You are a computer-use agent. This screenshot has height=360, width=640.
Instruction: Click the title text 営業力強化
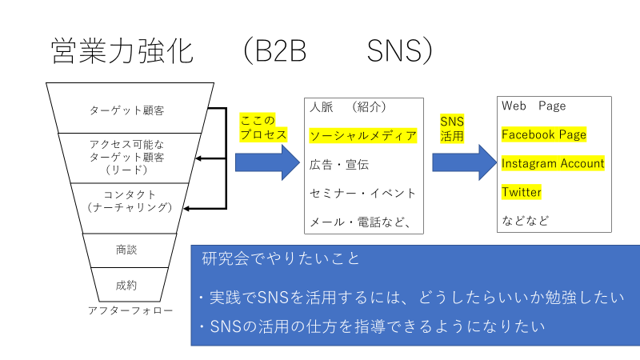click(122, 51)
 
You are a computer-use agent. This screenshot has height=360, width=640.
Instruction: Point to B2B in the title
click(280, 51)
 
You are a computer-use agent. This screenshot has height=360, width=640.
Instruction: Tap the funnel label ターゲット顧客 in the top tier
click(127, 110)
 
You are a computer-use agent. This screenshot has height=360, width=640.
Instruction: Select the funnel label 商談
click(126, 250)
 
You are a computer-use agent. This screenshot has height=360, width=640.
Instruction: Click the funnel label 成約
click(126, 285)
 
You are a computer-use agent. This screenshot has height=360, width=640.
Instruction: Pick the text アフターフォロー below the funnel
click(130, 310)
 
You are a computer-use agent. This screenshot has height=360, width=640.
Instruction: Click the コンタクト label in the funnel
click(130, 194)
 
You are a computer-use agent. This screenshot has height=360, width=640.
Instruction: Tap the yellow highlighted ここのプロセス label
click(263, 127)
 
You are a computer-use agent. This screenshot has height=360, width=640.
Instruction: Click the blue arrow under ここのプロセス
click(267, 162)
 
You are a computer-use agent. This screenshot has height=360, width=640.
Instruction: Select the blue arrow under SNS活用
click(465, 162)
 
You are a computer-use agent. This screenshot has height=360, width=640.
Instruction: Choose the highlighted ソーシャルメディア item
click(363, 135)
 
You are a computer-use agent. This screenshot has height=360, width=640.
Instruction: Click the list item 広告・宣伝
click(339, 165)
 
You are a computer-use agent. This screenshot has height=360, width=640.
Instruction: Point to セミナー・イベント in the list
click(363, 193)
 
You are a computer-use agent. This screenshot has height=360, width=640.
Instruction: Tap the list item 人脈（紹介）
click(348, 107)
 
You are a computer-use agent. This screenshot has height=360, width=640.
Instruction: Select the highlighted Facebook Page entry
click(544, 134)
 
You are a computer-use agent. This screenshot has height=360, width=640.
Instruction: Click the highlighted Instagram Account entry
click(553, 163)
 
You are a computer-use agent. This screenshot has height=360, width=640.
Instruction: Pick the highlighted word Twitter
click(522, 192)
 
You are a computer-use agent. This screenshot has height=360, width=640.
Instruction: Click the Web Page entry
click(534, 106)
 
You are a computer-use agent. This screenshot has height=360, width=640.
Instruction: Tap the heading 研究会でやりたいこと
click(281, 258)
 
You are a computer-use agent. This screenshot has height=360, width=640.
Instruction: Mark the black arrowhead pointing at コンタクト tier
click(186, 209)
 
